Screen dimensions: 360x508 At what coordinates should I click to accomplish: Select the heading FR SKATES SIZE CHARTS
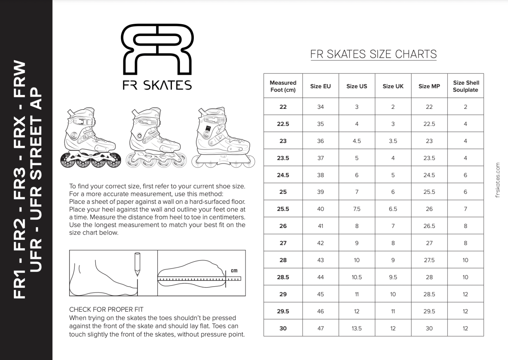click(373, 54)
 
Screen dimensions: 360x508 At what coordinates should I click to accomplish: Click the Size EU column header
click(320, 86)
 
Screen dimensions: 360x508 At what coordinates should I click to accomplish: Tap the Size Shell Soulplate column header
click(466, 86)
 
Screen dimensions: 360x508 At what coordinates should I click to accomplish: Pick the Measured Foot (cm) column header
click(283, 86)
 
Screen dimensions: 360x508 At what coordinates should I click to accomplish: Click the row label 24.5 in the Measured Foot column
click(283, 175)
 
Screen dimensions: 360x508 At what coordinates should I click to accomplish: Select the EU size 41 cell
click(320, 226)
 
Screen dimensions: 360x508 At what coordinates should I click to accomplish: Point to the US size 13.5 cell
click(357, 328)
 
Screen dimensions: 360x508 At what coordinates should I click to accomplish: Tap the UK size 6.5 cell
click(393, 209)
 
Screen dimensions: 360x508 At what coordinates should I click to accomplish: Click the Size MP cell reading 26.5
click(429, 226)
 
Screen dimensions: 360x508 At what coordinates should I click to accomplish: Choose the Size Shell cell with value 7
click(465, 209)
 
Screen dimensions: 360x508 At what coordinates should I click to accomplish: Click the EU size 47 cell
click(320, 328)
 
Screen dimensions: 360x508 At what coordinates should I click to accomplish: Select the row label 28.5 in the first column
click(283, 277)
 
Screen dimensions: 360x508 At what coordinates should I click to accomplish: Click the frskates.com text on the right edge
click(498, 180)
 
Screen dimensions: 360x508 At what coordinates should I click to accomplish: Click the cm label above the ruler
click(234, 271)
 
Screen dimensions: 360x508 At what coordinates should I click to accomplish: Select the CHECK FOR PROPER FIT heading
click(106, 309)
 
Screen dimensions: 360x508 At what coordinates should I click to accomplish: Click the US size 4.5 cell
click(357, 141)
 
